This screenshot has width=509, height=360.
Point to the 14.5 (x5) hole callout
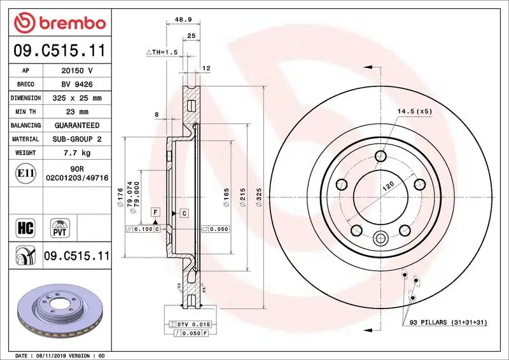(x=415, y=112)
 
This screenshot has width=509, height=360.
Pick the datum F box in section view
(x=155, y=211)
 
